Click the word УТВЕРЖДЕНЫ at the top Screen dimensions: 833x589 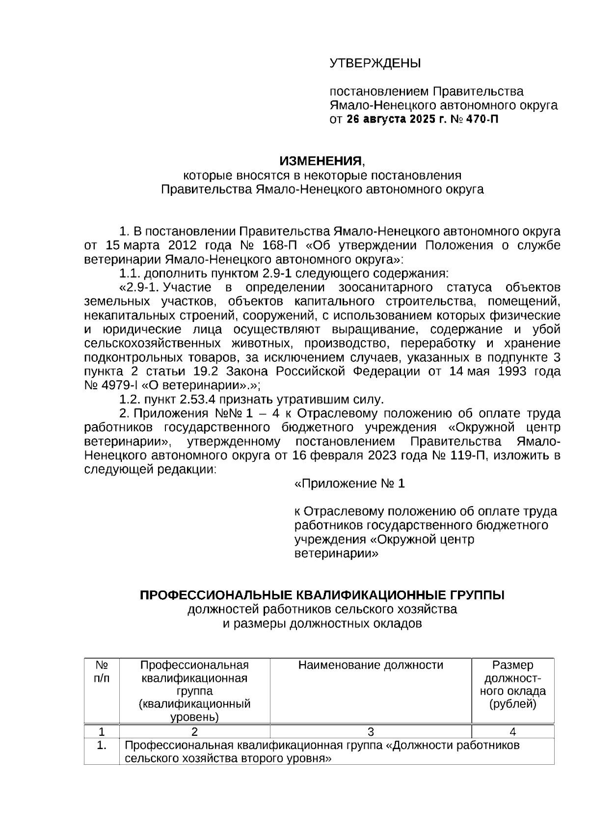(x=375, y=63)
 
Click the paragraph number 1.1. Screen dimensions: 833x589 (x=130, y=273)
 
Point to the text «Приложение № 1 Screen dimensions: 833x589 (x=349, y=484)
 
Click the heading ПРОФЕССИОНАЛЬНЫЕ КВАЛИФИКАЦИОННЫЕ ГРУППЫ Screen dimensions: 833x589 (x=322, y=595)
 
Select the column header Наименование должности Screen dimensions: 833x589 (x=371, y=665)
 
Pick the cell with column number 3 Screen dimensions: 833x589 (x=371, y=732)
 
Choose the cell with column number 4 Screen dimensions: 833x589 (x=512, y=732)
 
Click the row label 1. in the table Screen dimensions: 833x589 (x=102, y=746)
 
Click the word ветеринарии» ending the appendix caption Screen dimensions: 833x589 (x=336, y=554)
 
